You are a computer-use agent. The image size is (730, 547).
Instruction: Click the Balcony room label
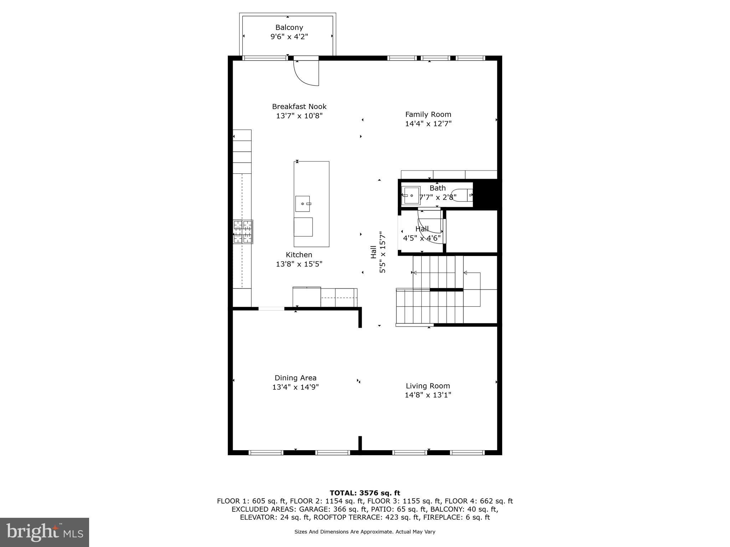pyautogui.click(x=289, y=27)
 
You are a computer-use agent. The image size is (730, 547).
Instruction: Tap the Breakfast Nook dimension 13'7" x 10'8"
pyautogui.click(x=299, y=116)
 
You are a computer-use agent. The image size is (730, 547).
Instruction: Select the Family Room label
pyautogui.click(x=428, y=114)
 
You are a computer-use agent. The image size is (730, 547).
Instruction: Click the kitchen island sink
pyautogui.click(x=302, y=204)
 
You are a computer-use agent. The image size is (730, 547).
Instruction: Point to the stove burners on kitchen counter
pyautogui.click(x=243, y=232)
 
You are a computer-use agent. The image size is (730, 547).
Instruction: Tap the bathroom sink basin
pyautogui.click(x=411, y=196)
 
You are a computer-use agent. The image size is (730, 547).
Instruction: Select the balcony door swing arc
pyautogui.click(x=305, y=75)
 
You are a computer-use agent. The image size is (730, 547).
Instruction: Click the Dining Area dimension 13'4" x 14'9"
pyautogui.click(x=295, y=387)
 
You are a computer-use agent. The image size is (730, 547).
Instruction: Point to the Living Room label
pyautogui.click(x=428, y=386)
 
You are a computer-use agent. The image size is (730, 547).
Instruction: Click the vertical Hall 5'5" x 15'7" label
pyautogui.click(x=378, y=252)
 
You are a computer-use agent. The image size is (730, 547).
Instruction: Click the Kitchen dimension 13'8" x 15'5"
pyautogui.click(x=299, y=264)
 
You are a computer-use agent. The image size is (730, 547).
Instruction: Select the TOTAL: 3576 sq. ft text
pyautogui.click(x=365, y=493)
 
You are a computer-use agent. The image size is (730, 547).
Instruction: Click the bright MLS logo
pyautogui.click(x=44, y=532)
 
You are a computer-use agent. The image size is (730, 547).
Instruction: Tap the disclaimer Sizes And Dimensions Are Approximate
pyautogui.click(x=365, y=532)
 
